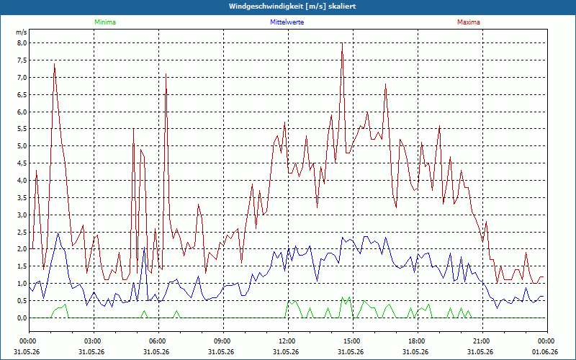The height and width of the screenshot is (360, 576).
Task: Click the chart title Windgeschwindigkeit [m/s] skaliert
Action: [x=292, y=6]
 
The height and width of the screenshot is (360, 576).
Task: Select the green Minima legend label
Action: [x=105, y=22]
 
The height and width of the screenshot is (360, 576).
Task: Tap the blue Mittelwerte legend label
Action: [x=287, y=22]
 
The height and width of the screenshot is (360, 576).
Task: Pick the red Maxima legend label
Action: [x=469, y=22]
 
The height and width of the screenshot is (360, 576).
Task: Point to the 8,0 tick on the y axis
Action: [x=22, y=43]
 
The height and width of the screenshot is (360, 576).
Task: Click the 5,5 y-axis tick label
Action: [x=22, y=129]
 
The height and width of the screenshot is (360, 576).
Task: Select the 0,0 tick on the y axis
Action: [x=22, y=318]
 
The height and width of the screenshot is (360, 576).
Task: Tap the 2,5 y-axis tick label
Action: [x=22, y=232]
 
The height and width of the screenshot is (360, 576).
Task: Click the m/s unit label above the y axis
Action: [x=22, y=32]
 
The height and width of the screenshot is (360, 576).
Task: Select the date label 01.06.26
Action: [x=545, y=351]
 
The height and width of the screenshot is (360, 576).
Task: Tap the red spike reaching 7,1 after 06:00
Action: [x=166, y=74]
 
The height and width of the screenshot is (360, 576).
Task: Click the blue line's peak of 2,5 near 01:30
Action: [x=58, y=233]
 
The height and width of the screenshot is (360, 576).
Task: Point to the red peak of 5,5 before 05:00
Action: [x=133, y=129]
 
